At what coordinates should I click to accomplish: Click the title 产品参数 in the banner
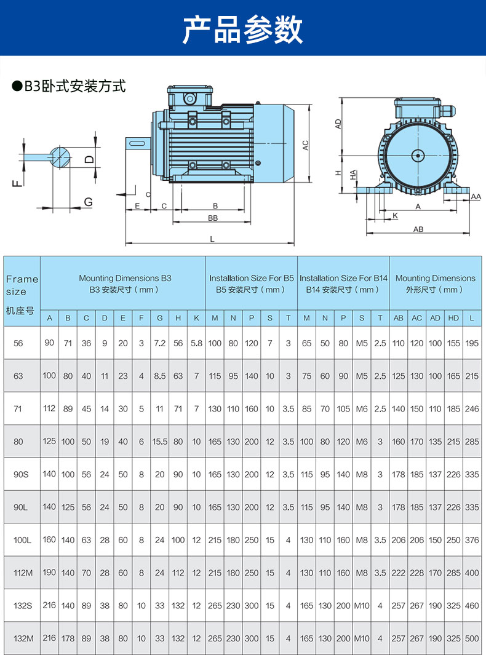pyautogui.click(x=243, y=29)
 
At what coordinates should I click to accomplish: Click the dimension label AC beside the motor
pyautogui.click(x=305, y=145)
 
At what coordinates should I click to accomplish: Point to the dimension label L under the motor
pyautogui.click(x=212, y=239)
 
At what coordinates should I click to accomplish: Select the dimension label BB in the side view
pyautogui.click(x=213, y=218)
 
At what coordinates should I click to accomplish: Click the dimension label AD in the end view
pyautogui.click(x=338, y=124)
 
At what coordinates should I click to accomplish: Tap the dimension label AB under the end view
pyautogui.click(x=418, y=229)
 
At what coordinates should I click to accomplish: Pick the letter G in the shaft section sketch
pyautogui.click(x=88, y=202)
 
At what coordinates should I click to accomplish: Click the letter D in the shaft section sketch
pyautogui.click(x=89, y=159)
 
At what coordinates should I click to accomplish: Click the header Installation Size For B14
pyautogui.click(x=343, y=278)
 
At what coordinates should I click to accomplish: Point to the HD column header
pyautogui.click(x=453, y=318)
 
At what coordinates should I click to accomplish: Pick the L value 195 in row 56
pyautogui.click(x=472, y=343)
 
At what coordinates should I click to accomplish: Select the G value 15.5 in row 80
pyautogui.click(x=160, y=442)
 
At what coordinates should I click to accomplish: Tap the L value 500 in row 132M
pyautogui.click(x=472, y=638)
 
